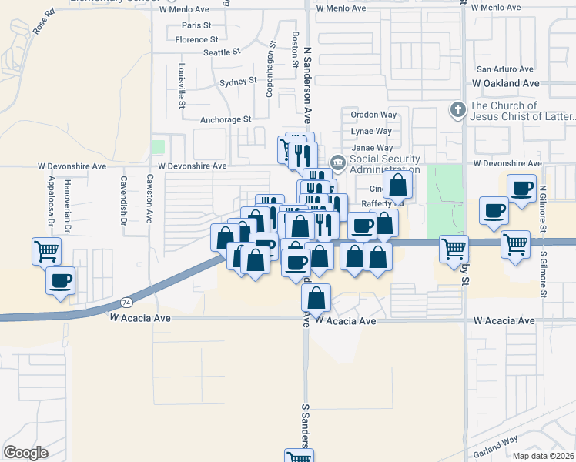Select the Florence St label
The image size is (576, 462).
(x=196, y=39)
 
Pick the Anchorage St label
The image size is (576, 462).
(x=226, y=119)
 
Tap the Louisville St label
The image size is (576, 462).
(x=183, y=85)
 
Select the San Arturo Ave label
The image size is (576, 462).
(x=504, y=69)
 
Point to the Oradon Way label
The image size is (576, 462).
(x=373, y=115)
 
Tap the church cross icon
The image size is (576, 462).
(x=457, y=109)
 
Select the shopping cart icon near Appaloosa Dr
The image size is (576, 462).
(x=46, y=251)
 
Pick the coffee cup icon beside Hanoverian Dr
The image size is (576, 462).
(x=60, y=280)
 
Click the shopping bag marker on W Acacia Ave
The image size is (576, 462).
(x=316, y=298)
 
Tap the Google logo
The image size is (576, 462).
(x=25, y=453)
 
